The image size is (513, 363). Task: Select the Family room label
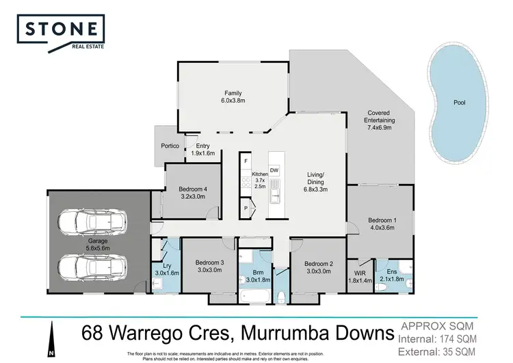(x=233, y=94)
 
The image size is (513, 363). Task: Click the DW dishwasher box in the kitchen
(x=274, y=170)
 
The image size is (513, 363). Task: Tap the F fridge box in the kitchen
(x=246, y=161)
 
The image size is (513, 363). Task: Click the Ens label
(x=393, y=271)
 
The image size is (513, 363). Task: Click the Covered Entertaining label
(x=381, y=113)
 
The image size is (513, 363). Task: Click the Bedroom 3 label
(x=209, y=263)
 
